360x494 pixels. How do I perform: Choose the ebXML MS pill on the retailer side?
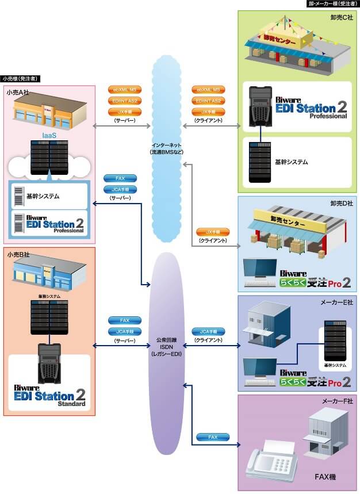click(122, 90)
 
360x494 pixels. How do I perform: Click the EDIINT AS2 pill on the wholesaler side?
click(208, 101)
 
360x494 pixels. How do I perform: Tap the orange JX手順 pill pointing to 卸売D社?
click(208, 232)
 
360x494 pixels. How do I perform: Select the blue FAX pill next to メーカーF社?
click(212, 437)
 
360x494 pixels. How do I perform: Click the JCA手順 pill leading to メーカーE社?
click(208, 332)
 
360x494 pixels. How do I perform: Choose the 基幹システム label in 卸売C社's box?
click(293, 162)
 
